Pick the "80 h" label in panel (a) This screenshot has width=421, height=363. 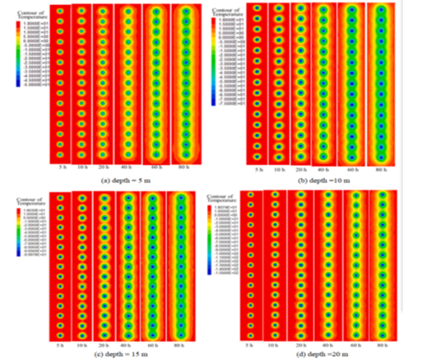[185, 167]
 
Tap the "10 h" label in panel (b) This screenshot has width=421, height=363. [279, 170]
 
